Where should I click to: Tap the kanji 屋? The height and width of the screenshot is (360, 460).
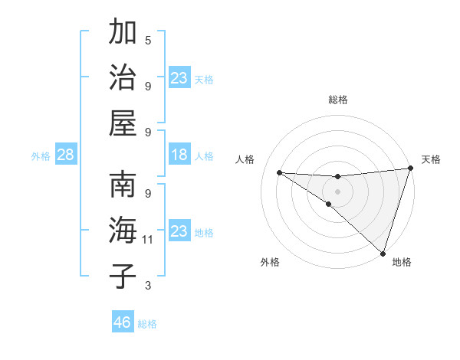pyautogui.click(x=123, y=123)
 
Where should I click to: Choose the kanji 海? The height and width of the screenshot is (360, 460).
pyautogui.click(x=123, y=231)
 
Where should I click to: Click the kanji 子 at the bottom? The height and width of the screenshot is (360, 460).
pyautogui.click(x=123, y=277)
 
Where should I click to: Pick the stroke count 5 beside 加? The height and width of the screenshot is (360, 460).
pyautogui.click(x=148, y=40)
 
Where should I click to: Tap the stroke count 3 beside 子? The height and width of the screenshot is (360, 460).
pyautogui.click(x=148, y=286)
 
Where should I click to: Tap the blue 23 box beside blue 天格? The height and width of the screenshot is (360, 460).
pyautogui.click(x=179, y=78)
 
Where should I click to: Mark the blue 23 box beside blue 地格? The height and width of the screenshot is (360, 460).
pyautogui.click(x=179, y=231)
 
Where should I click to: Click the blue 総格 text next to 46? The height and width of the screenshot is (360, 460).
pyautogui.click(x=147, y=324)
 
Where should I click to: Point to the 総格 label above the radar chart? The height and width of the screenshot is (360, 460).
pyautogui.click(x=338, y=100)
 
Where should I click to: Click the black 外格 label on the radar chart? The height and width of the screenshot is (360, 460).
pyautogui.click(x=270, y=262)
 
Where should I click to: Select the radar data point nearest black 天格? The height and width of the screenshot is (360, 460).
pyautogui.click(x=410, y=169)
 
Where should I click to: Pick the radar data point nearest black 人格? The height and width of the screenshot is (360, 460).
pyautogui.click(x=279, y=172)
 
